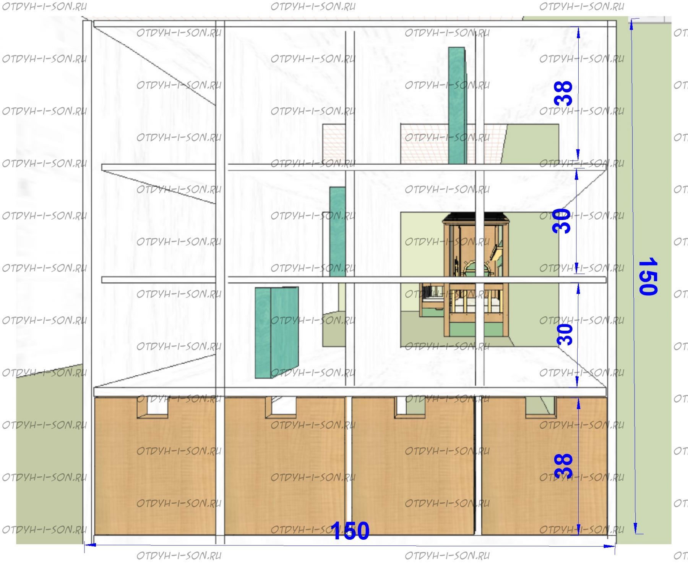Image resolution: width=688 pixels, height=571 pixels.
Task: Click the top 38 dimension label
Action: click(x=563, y=93)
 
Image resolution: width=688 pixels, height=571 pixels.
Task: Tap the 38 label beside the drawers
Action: click(x=563, y=466)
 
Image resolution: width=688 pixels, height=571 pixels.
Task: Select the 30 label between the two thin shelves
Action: click(x=561, y=221)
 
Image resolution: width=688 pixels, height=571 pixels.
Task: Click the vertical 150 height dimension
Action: click(x=648, y=276)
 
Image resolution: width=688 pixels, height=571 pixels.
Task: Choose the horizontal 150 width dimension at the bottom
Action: click(x=350, y=531)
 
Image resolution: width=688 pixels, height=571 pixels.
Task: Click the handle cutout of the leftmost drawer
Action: click(x=153, y=408)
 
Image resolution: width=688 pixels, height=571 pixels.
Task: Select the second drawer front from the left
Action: click(x=285, y=466)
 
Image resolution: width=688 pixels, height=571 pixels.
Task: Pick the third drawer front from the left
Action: click(x=413, y=466)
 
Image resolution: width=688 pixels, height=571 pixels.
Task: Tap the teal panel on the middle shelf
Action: click(x=338, y=232)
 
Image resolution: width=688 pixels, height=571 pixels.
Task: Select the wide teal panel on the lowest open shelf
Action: click(x=277, y=332)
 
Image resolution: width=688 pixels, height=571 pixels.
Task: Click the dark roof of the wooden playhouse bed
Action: click(x=476, y=218)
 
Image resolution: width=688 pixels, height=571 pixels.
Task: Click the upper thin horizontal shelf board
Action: click(x=354, y=167)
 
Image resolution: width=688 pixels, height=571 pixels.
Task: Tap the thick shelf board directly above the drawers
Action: click(x=350, y=391)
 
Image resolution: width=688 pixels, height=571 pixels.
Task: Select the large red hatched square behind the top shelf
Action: click(x=451, y=144)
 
